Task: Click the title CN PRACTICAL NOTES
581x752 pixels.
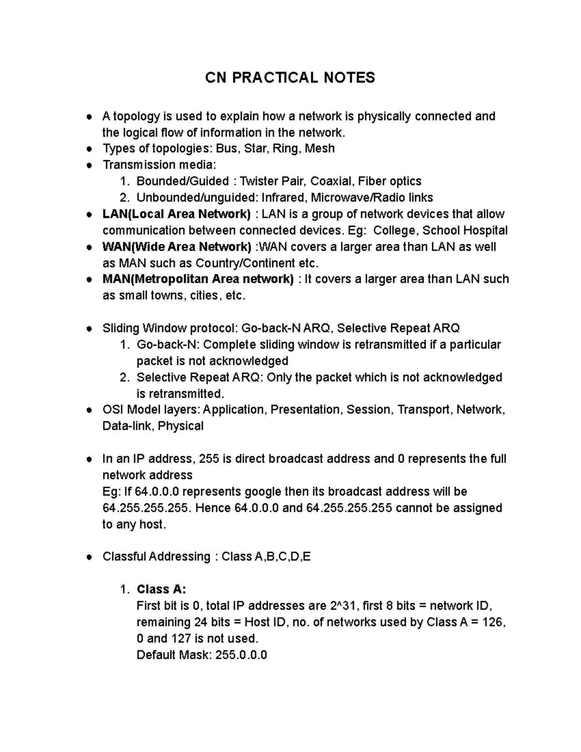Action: (290, 77)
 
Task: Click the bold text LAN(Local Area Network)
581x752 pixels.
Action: (177, 214)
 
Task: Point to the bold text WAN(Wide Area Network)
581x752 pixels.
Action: (177, 247)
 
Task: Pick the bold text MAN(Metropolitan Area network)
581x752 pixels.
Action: (198, 279)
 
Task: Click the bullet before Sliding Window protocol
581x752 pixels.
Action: (89, 329)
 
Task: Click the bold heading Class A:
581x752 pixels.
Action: (161, 589)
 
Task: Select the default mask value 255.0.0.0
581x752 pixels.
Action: (241, 655)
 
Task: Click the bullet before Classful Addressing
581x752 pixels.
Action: (89, 557)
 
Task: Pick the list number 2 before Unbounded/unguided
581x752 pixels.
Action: (124, 198)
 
